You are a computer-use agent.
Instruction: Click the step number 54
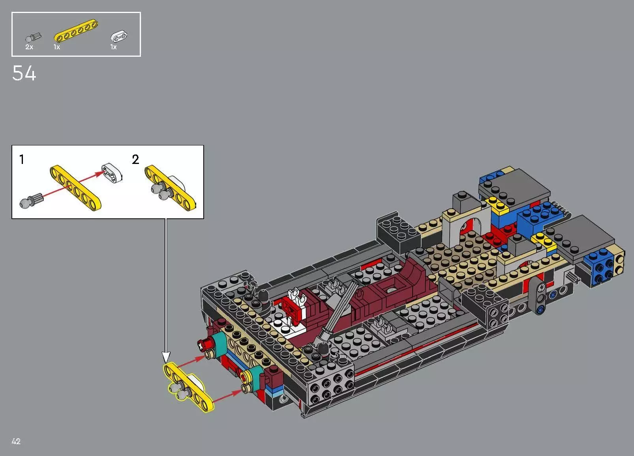click(x=24, y=74)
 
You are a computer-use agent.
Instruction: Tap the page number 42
click(x=16, y=441)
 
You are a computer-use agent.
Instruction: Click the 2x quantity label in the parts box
click(x=29, y=47)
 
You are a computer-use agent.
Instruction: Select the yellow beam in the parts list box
click(x=76, y=31)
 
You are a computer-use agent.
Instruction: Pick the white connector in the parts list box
click(x=119, y=37)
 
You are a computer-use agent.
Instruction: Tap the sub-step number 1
click(x=22, y=160)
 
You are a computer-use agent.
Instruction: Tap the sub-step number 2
click(x=135, y=160)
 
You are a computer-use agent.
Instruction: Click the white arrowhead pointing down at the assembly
click(x=166, y=357)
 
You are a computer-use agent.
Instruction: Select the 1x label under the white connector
click(x=114, y=47)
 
